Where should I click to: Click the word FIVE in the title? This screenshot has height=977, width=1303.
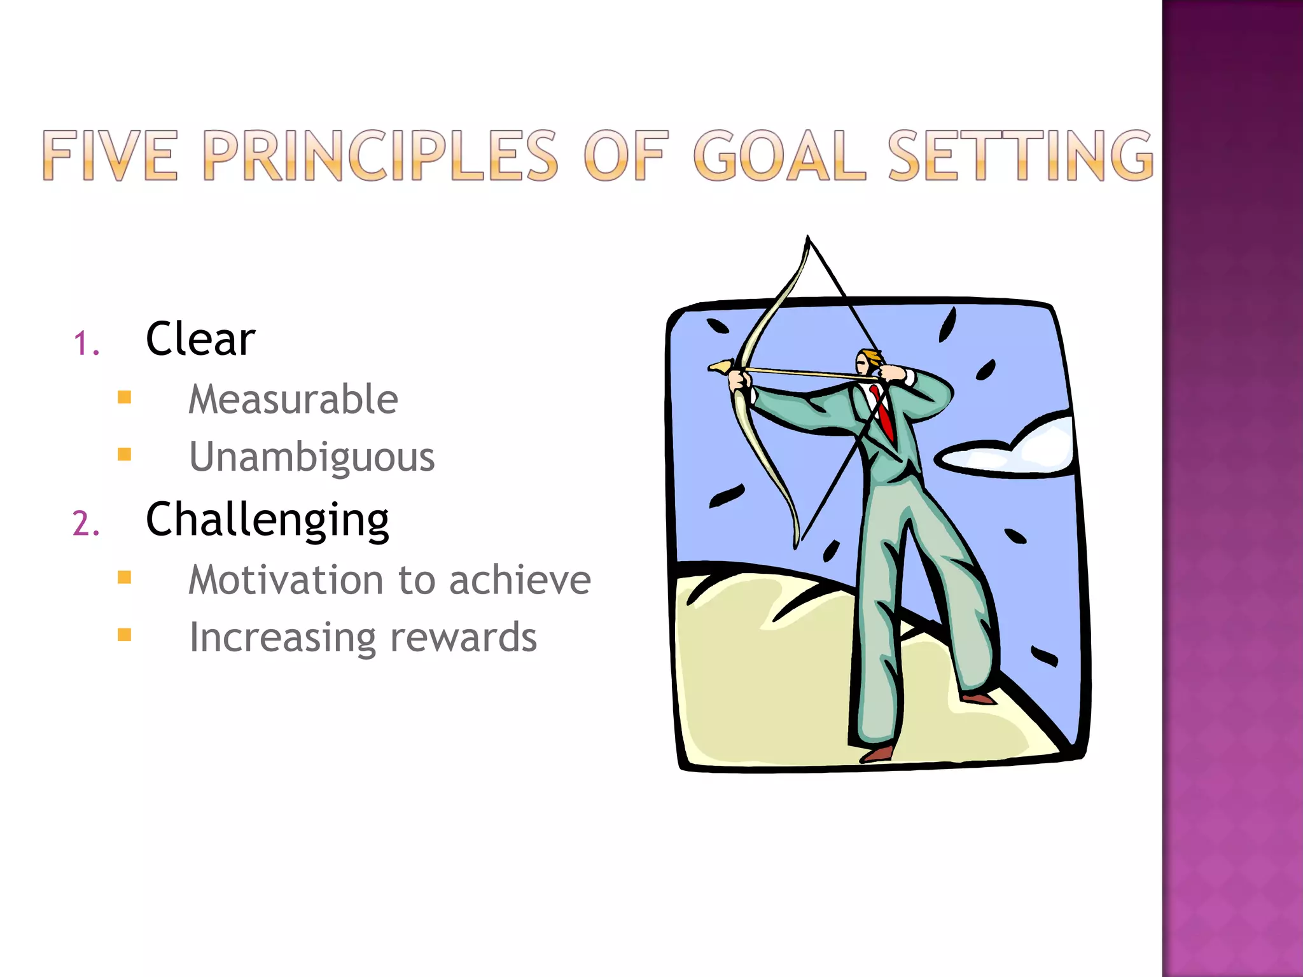109,156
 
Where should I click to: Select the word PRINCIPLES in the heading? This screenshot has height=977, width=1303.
380,156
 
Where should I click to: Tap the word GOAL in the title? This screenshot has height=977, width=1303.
779,156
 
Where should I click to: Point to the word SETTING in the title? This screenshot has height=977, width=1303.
1020,156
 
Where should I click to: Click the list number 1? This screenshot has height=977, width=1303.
86,344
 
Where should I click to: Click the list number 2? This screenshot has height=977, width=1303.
86,524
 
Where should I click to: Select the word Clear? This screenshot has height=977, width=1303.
200,339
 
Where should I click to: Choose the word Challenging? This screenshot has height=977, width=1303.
267,520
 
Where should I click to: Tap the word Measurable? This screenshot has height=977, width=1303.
293,399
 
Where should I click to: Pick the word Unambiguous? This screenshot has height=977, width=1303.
312,457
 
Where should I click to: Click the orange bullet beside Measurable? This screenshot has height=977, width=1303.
125,398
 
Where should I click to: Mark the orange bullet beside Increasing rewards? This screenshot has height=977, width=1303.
125,635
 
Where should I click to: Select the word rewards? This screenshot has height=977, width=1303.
463,637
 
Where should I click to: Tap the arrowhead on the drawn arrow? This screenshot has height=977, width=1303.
721,366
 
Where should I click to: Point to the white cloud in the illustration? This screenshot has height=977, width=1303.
1018,452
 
